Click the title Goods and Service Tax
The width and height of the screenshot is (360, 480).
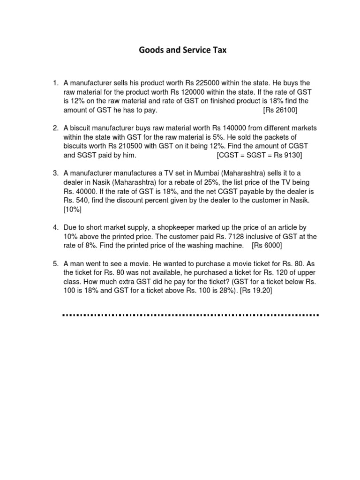coord(182,50)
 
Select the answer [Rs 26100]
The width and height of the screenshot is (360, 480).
coord(280,110)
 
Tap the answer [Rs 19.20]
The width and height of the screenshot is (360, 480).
coord(256,291)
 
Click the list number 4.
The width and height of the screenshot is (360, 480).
coord(55,227)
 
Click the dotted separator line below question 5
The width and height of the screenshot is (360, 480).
coord(190,315)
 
